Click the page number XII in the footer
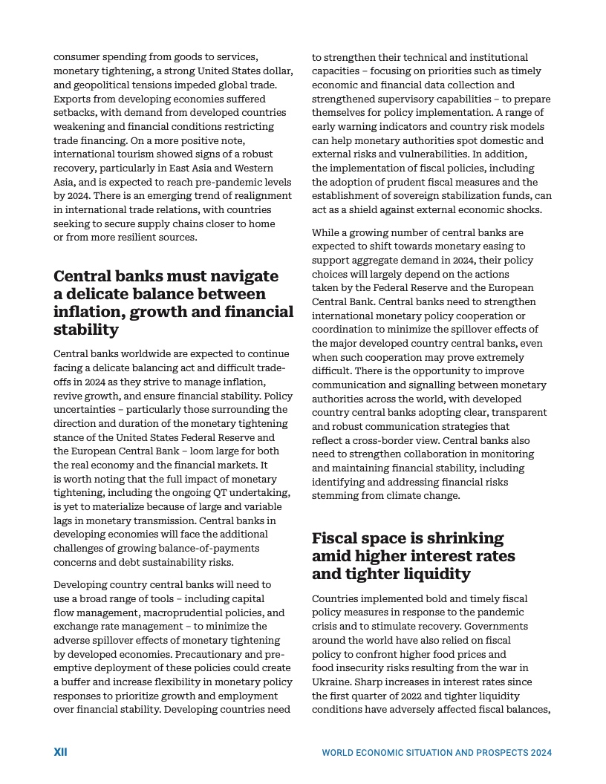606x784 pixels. (x=60, y=752)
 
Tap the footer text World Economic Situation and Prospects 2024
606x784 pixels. (x=437, y=753)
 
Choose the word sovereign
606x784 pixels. (x=404, y=196)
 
